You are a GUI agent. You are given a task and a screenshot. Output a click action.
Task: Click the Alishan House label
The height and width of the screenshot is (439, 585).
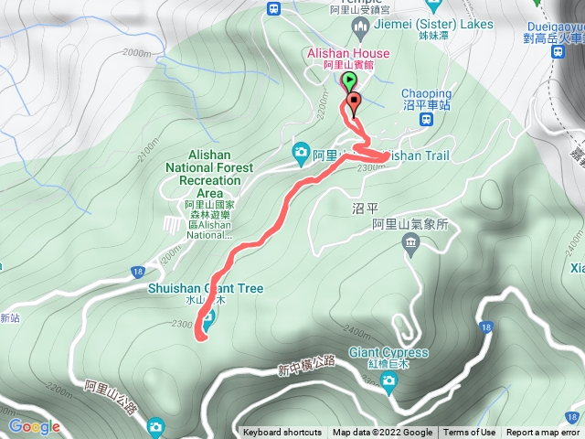347,54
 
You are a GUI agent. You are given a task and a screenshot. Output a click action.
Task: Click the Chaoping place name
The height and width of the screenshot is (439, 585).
426,93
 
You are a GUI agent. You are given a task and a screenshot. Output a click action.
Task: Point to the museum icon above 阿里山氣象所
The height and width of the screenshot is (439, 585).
410,242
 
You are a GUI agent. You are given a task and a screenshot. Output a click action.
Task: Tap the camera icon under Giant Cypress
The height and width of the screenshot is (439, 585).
389,381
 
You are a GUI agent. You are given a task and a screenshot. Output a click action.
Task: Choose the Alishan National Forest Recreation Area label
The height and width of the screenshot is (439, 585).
198,175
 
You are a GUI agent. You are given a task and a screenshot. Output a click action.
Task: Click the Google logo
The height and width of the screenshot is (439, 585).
34,427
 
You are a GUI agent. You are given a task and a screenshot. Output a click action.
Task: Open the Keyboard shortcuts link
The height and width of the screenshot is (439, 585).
282,433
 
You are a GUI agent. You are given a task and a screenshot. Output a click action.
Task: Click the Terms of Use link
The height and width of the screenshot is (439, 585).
470,433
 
